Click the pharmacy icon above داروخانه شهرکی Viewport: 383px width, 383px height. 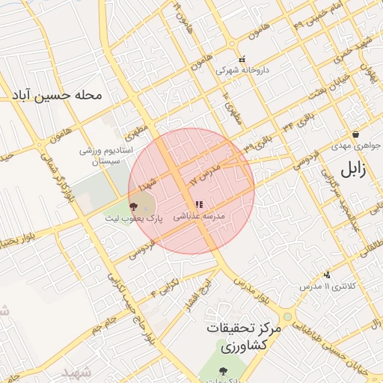point(241,60)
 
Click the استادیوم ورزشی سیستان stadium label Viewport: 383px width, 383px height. point(107,156)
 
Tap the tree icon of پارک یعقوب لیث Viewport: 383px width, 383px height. point(134,206)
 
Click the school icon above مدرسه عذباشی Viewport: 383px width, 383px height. point(199,204)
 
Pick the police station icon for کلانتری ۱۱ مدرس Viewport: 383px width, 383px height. point(326,275)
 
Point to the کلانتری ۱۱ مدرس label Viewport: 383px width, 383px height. point(320,287)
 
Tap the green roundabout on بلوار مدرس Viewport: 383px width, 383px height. point(287,316)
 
